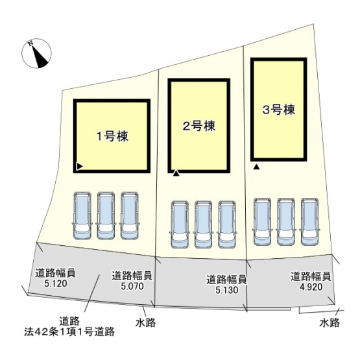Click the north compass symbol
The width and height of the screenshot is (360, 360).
coord(36,53)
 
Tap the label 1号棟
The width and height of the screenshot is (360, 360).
coord(112,137)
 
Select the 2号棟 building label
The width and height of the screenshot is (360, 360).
coord(199,126)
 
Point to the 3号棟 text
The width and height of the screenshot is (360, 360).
coord(279,110)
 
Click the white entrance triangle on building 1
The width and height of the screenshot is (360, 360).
coord(79,167)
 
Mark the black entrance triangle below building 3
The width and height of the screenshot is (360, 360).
coord(256,167)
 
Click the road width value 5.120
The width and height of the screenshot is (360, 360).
coord(56,283)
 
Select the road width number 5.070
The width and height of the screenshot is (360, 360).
coord(132,286)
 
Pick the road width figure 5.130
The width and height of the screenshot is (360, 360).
coord(226,290)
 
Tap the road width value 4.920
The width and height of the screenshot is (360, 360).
coord(311,287)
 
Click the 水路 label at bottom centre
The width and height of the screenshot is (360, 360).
coord(145,322)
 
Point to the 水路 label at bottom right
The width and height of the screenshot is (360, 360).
coord(330,322)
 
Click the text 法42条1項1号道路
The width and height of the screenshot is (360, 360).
coord(69,331)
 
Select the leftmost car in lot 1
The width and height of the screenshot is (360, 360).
coord(82,215)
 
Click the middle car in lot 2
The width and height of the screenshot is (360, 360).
coord(203,224)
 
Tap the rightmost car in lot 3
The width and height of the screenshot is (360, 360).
coord(309,222)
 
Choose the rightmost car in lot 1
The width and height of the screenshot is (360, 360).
coord(130,215)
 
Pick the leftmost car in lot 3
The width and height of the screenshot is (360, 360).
coord(262,222)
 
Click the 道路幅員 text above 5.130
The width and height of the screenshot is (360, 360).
coord(226,280)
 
